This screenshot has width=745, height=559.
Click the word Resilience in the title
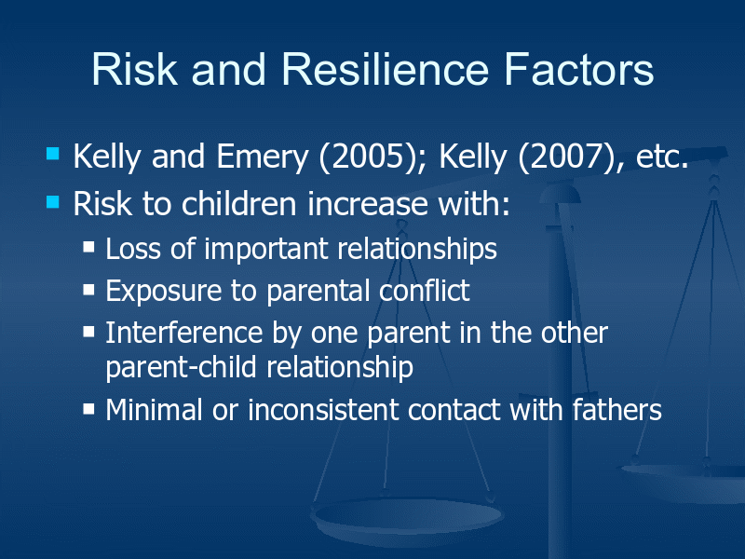[385, 69]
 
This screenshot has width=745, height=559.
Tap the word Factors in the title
[578, 69]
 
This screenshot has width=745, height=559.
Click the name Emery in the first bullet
[263, 157]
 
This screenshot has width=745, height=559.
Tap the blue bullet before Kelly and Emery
[53, 154]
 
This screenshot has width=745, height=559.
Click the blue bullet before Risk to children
[53, 202]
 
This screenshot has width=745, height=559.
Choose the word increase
[368, 204]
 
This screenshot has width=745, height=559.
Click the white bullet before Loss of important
[88, 247]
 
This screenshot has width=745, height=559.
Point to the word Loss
[133, 249]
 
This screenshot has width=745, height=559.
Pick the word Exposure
[163, 291]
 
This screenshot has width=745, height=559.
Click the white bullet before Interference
[88, 331]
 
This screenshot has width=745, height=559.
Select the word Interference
[183, 332]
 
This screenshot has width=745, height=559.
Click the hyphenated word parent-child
[181, 367]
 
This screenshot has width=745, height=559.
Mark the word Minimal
[154, 409]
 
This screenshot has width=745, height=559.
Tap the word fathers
[616, 409]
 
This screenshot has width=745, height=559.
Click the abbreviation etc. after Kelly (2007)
[662, 157]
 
